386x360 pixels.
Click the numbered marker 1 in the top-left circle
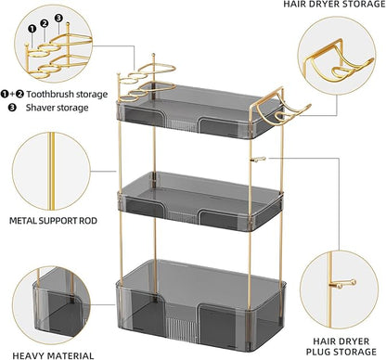[32, 28]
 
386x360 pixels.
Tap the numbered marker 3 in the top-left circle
[58, 18]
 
